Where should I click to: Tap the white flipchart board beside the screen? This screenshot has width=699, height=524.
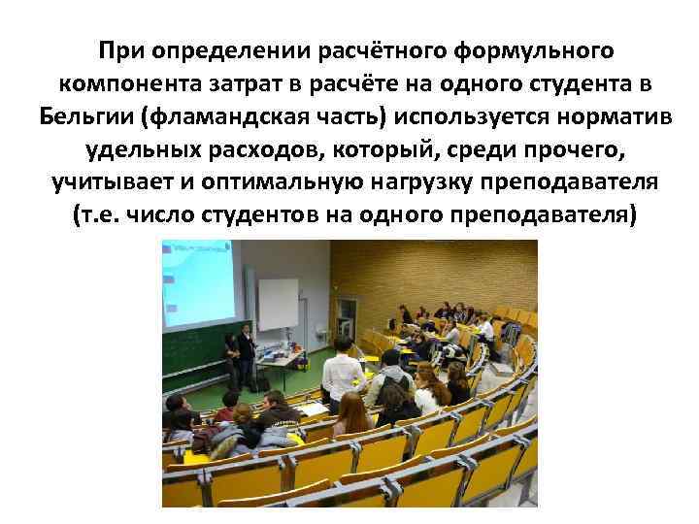click(278, 306)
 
